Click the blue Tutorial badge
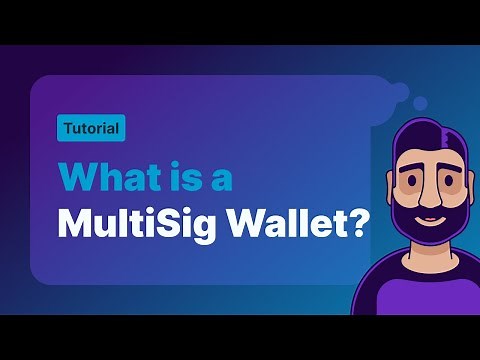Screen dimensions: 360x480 pos(90,128)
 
